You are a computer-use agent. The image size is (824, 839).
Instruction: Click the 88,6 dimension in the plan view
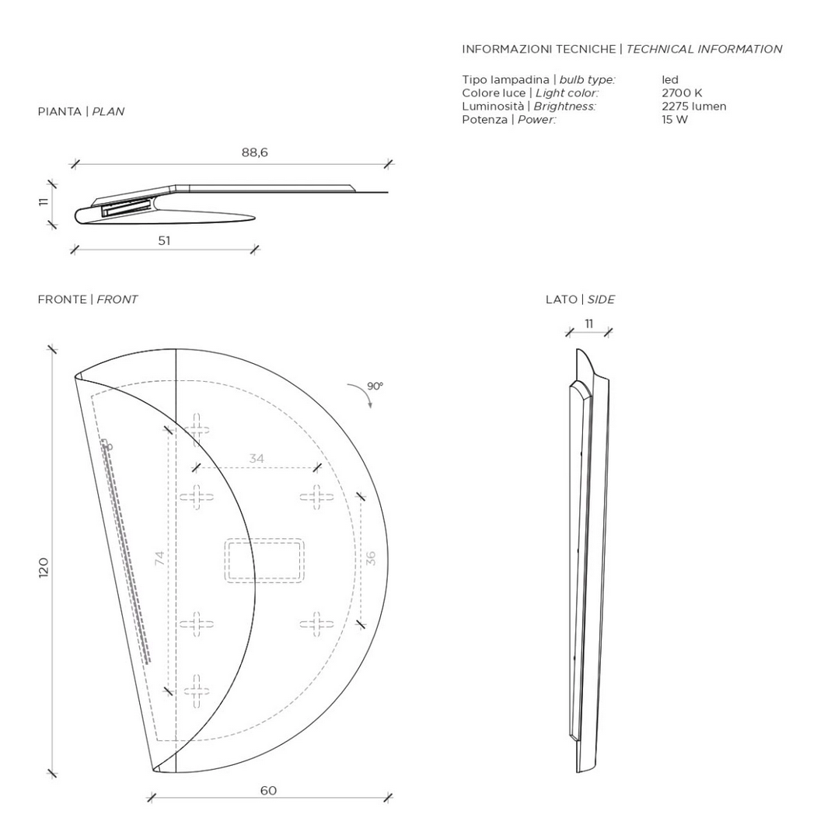tap(255, 152)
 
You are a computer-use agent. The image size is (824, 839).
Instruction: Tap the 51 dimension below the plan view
tap(164, 241)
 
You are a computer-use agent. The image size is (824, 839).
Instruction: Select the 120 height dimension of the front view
tap(44, 567)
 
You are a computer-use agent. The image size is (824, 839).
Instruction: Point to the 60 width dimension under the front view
tap(269, 790)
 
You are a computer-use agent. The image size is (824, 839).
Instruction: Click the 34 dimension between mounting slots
tap(257, 459)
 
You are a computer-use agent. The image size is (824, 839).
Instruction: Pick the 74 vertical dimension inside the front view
tap(159, 558)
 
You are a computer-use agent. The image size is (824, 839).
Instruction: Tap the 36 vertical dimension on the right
tap(371, 558)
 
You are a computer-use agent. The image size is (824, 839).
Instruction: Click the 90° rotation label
tap(375, 386)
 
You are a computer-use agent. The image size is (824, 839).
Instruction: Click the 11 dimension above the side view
tap(589, 323)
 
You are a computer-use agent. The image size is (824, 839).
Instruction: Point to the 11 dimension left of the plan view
tap(44, 201)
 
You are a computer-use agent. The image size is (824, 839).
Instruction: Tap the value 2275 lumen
tap(694, 106)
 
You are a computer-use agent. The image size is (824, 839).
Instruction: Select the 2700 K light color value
tap(682, 93)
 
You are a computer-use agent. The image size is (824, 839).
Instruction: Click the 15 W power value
tap(675, 119)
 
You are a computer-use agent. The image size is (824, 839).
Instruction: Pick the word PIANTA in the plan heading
tap(59, 112)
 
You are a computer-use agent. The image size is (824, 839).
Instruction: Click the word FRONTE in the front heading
tap(62, 299)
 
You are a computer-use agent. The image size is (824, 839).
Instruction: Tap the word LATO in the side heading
tap(561, 299)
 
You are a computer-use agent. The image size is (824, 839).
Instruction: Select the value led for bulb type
tap(670, 80)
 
